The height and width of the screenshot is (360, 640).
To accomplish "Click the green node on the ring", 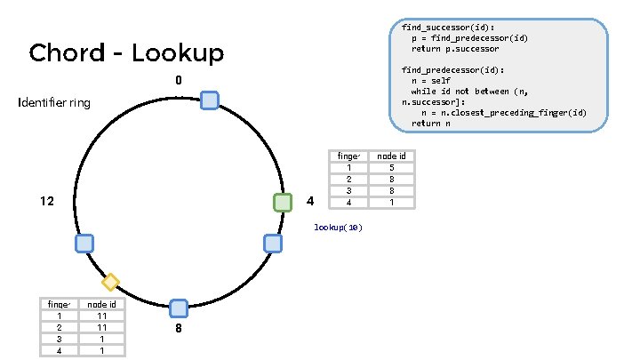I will click(283, 203).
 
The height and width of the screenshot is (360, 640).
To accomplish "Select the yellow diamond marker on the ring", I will click(110, 283).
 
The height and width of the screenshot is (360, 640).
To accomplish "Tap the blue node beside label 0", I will click(210, 100).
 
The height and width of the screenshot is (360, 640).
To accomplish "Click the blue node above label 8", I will click(179, 308).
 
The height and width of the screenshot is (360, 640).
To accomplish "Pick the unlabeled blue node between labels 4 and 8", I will click(273, 243).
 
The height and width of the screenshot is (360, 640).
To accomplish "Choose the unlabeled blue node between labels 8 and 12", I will click(84, 243).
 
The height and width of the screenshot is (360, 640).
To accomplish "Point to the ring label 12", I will click(48, 202).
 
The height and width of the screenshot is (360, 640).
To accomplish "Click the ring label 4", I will click(309, 202).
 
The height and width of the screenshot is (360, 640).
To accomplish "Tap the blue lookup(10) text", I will click(338, 228).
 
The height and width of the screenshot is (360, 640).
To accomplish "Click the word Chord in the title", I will click(68, 53).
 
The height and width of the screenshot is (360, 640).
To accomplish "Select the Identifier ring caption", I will click(54, 103).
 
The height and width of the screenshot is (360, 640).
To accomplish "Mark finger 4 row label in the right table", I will click(349, 202).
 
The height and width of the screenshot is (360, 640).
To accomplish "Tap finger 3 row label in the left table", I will click(60, 339).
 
